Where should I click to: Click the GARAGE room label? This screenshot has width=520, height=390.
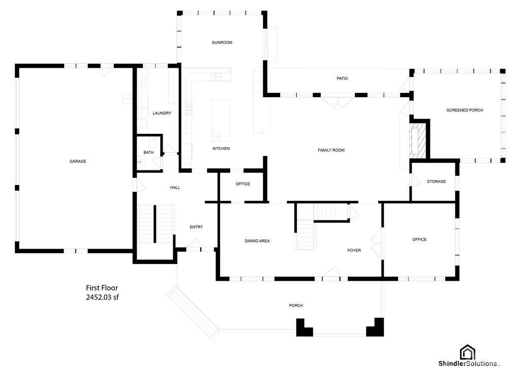point(78,161)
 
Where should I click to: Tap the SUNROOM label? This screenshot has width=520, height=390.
point(222,42)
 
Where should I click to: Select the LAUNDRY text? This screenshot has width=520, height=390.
point(162,113)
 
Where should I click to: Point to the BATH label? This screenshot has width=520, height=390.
point(148,153)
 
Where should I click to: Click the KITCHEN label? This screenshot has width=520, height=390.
point(221,148)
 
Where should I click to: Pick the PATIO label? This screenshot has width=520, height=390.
point(342,79)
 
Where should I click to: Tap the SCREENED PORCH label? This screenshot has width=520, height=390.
point(465,110)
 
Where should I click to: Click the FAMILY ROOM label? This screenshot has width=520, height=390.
point(331,150)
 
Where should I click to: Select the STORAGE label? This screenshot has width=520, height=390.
point(436,182)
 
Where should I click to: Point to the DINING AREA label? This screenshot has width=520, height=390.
point(257,241)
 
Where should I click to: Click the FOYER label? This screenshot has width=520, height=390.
point(354,250)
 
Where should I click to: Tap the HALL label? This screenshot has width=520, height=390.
point(175,188)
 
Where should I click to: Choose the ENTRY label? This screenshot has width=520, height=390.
point(196,227)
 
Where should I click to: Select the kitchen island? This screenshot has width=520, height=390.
point(221,121)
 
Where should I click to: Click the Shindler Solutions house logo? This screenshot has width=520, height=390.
point(467,352)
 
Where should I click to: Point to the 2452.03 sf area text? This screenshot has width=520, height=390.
point(102,297)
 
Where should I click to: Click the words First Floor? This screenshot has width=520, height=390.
point(102,288)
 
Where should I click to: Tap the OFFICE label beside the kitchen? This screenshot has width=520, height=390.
point(243,184)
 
